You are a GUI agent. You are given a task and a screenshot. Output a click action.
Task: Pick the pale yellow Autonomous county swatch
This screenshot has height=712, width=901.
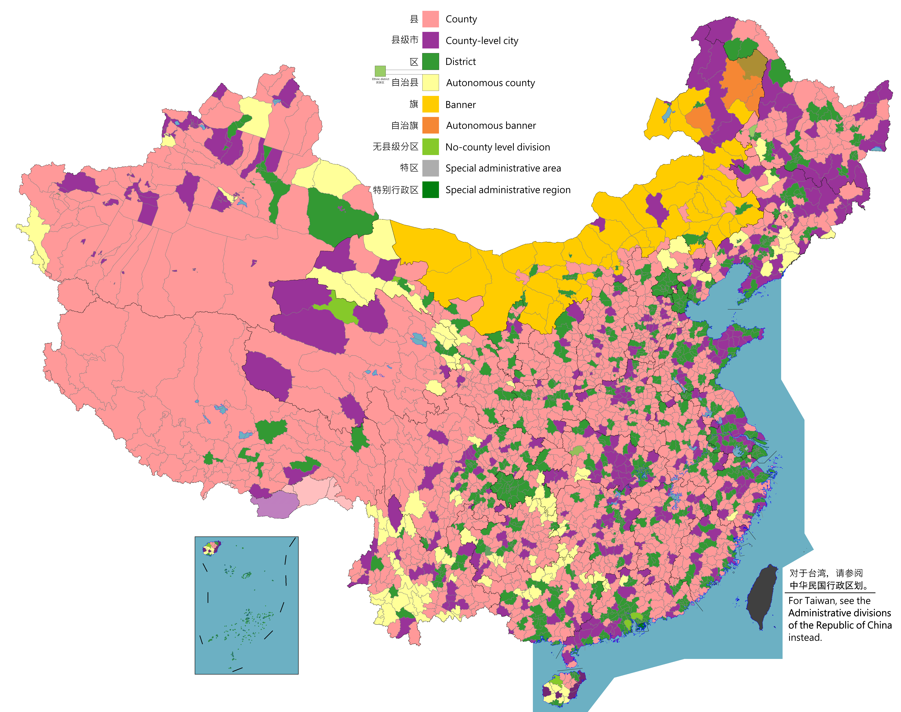coord(430,82)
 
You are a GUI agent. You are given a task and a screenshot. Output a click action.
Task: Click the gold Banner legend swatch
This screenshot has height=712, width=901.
coord(430,104)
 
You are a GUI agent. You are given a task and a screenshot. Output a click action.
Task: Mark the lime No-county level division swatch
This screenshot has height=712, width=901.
coord(430,147)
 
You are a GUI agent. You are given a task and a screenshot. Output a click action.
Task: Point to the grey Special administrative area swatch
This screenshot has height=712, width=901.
coord(430,168)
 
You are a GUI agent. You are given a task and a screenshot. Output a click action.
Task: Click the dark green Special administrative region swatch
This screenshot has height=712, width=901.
coord(430,190)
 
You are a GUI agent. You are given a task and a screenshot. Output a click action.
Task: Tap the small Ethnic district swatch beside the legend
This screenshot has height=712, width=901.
coord(380,71)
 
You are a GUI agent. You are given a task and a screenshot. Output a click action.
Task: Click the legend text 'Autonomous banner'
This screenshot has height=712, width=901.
coord(491,125)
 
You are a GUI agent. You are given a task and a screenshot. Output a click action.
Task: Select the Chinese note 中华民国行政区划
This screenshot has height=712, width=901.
coord(828,585)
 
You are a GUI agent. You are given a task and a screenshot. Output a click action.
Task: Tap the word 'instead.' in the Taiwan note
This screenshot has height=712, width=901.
coord(805,637)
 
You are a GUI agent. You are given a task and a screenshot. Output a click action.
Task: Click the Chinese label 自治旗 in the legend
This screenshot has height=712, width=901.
coord(404,125)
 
